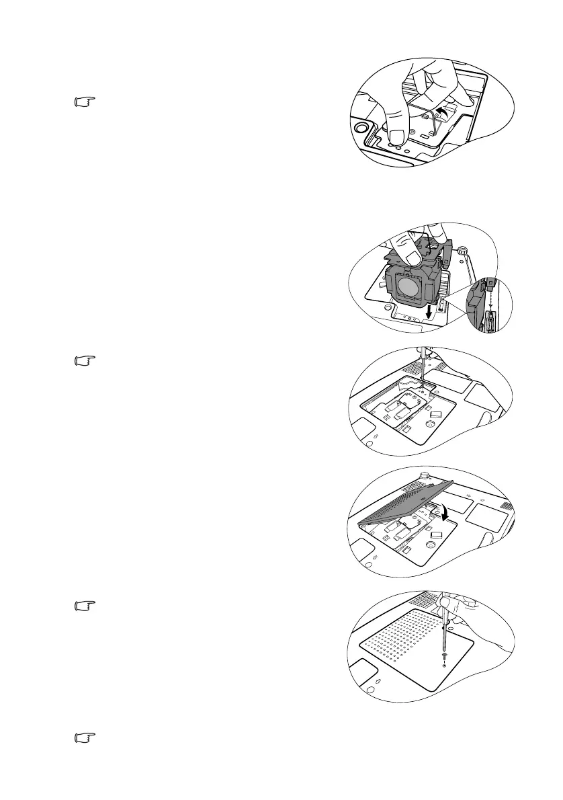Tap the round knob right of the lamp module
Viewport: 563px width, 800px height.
[x=462, y=250]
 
